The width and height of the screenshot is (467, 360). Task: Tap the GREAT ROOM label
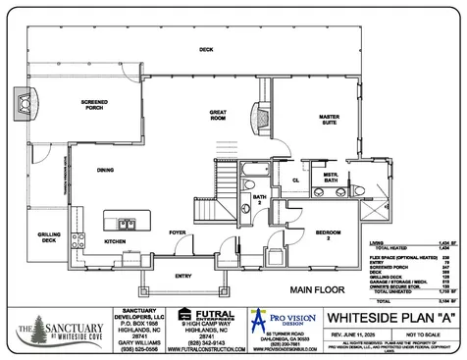(219, 116)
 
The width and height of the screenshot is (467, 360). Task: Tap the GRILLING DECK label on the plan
(49, 237)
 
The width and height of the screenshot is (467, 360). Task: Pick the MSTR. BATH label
(331, 179)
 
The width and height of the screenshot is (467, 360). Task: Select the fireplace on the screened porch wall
(22, 101)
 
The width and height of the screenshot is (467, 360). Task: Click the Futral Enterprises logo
(182, 315)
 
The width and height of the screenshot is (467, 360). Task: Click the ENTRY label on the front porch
(184, 277)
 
